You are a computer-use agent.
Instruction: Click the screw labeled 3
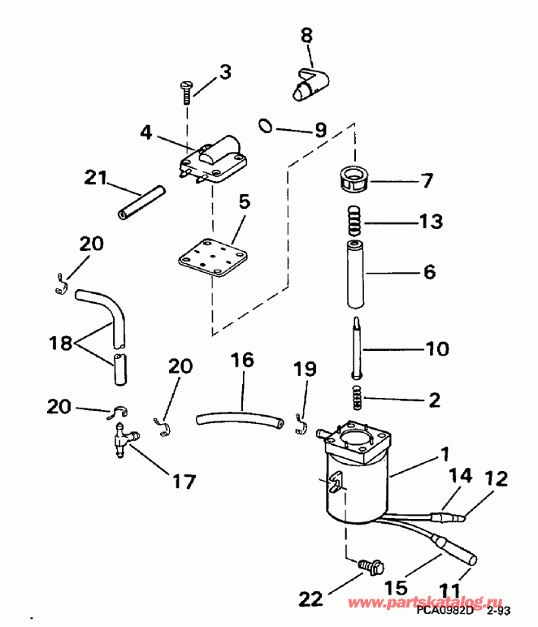186,92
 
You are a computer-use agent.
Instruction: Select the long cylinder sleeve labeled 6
354,274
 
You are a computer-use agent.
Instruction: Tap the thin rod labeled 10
355,348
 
